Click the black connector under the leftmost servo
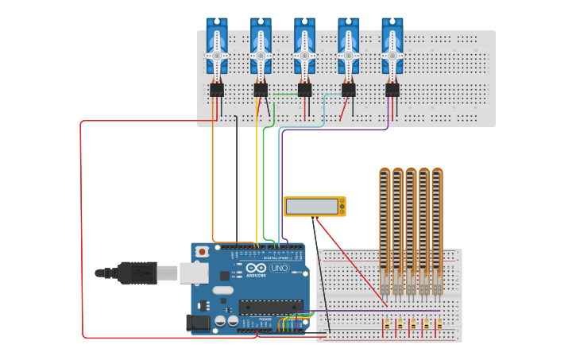(x=217, y=90)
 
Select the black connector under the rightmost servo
(x=392, y=90)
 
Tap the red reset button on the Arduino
(x=202, y=252)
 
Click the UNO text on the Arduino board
(x=280, y=269)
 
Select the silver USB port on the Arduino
(x=193, y=273)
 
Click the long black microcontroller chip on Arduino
(x=270, y=307)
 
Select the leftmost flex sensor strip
(x=385, y=226)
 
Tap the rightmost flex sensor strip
(x=437, y=226)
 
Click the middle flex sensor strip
(x=411, y=226)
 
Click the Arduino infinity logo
(x=255, y=269)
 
